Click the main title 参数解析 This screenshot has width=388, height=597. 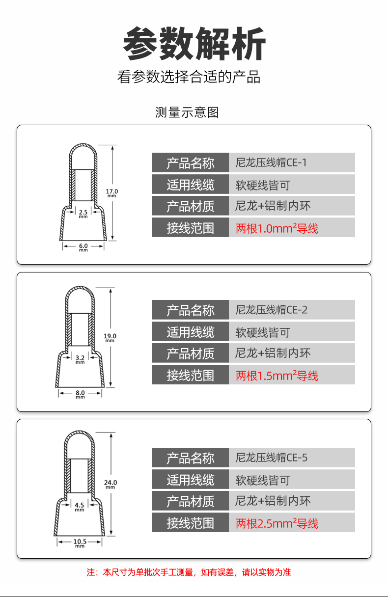pyautogui.click(x=194, y=43)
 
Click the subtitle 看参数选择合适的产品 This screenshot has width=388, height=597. pyautogui.click(x=189, y=77)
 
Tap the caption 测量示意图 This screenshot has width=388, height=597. pyautogui.click(x=187, y=112)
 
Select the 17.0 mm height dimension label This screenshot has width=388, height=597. pyautogui.click(x=111, y=193)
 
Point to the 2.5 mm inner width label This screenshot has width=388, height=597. pyautogui.click(x=83, y=214)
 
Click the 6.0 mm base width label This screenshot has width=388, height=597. pyautogui.click(x=83, y=247)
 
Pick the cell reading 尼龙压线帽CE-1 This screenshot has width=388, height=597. pyautogui.click(x=271, y=163)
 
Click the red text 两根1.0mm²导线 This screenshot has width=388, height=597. pyautogui.click(x=277, y=228)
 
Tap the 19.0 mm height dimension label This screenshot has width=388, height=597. pyautogui.click(x=110, y=338)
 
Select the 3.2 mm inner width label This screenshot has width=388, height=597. pyautogui.click(x=80, y=359)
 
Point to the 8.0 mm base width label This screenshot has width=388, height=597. pyautogui.click(x=80, y=394)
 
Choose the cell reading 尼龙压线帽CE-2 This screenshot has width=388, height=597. pyautogui.click(x=271, y=310)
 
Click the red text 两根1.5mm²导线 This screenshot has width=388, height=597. pyautogui.click(x=277, y=376)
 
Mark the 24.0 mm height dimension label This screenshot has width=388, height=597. pyautogui.click(x=111, y=484)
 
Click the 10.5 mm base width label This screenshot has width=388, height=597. pyautogui.click(x=80, y=543)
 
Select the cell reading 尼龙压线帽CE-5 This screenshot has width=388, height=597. pyautogui.click(x=271, y=458)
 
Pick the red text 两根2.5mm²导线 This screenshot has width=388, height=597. pyautogui.click(x=277, y=523)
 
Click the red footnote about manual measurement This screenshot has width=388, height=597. pyautogui.click(x=189, y=572)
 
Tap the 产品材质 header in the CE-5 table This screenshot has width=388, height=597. pyautogui.click(x=191, y=501)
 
